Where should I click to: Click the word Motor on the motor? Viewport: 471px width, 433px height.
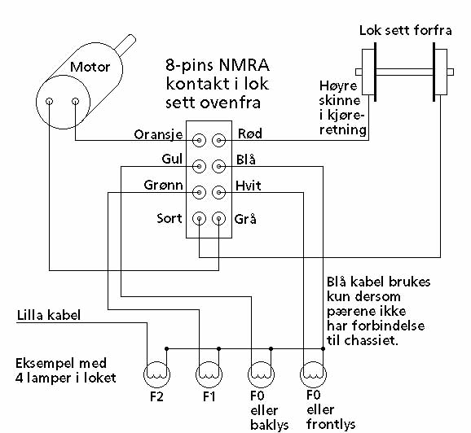(x=90, y=67)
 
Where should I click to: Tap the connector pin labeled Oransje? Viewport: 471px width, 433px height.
(x=199, y=140)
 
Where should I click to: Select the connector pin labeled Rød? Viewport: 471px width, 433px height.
(x=218, y=140)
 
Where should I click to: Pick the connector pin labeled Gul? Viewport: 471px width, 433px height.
(x=199, y=166)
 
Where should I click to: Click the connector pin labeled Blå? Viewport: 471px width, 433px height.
(x=218, y=166)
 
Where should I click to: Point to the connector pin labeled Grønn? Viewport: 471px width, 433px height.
(x=199, y=192)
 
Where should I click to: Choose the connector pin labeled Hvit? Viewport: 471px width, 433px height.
(x=218, y=192)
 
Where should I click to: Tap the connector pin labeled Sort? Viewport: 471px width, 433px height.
(x=199, y=218)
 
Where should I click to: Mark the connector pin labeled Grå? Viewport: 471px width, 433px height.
(x=218, y=218)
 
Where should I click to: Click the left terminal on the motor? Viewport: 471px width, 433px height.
(x=49, y=101)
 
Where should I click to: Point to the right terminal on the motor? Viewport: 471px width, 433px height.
(x=76, y=101)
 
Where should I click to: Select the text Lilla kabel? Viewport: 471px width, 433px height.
(x=49, y=315)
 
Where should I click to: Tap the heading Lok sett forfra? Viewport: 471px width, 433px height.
(x=406, y=30)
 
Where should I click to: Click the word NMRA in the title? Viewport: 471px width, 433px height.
(x=244, y=65)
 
